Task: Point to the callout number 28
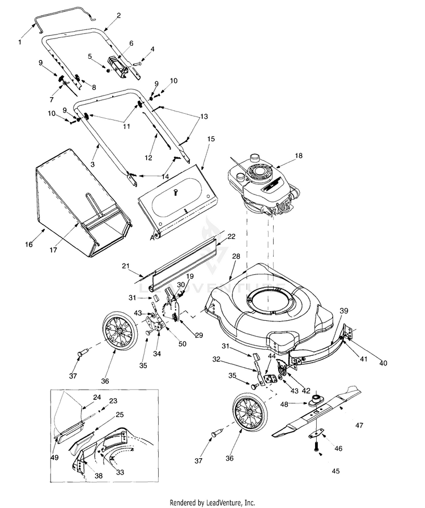(236, 257)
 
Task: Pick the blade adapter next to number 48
(314, 403)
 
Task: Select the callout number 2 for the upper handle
(118, 16)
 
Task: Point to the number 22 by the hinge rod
(231, 236)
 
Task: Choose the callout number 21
(126, 265)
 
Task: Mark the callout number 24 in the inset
(97, 397)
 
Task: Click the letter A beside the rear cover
(152, 238)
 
